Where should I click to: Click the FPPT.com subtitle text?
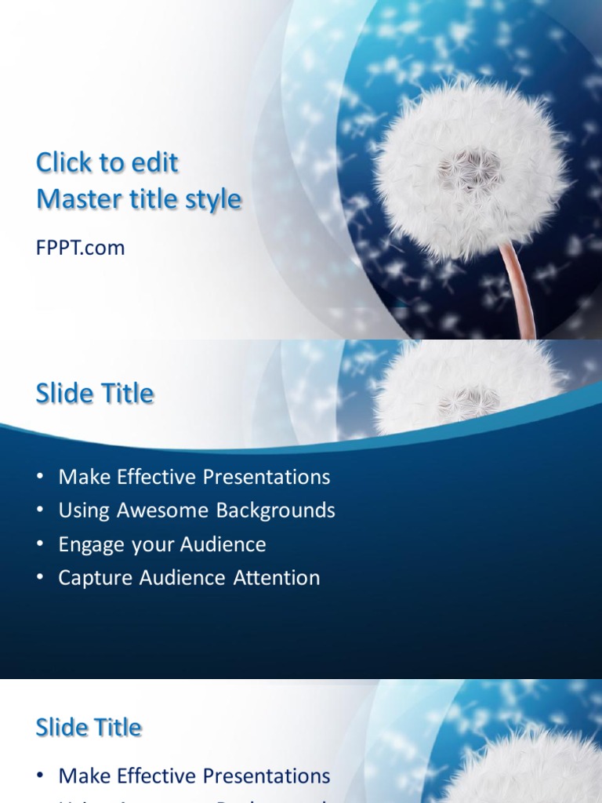(x=80, y=249)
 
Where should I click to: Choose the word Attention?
(x=277, y=578)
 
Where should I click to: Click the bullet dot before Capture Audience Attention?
(x=41, y=578)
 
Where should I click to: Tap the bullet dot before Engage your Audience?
(x=41, y=544)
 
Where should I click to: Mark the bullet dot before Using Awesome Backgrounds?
(x=41, y=511)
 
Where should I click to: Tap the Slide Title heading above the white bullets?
(x=95, y=394)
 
